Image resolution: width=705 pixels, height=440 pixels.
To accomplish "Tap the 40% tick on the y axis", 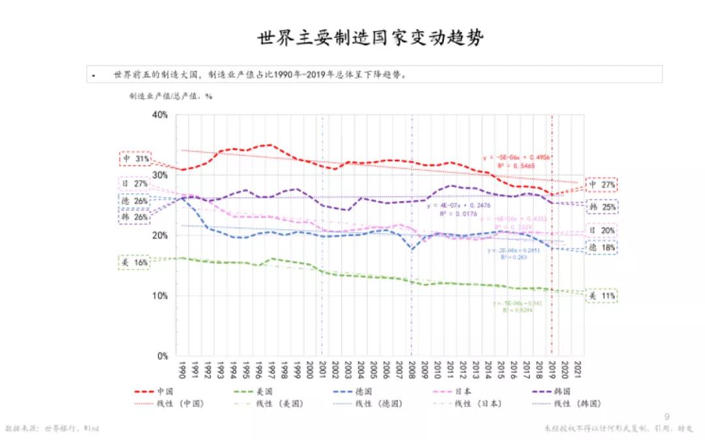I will pos(159,115).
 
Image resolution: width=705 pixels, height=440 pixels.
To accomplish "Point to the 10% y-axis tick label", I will pos(159,296).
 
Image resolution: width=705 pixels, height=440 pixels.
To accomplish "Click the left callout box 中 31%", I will pos(136,159).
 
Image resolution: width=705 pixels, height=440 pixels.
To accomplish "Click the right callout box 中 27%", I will pos(602,185).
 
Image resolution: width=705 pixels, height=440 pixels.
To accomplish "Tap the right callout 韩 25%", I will pos(602,207).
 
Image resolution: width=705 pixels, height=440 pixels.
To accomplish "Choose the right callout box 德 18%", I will pos(602,248).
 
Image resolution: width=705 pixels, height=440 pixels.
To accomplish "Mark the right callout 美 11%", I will pos(602,296).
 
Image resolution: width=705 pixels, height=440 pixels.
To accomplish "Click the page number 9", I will pos(666,416).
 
